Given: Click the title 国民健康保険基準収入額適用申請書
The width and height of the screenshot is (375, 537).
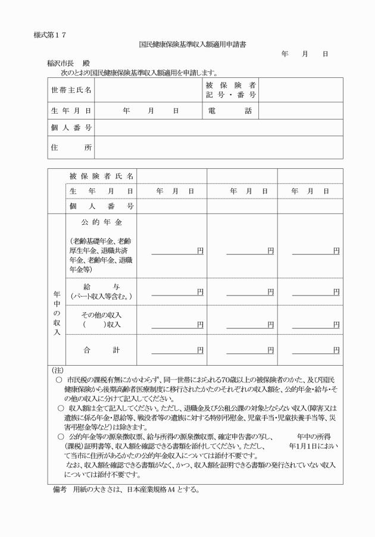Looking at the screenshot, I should [187, 43].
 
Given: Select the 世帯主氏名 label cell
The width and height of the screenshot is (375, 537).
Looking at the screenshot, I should [71, 90].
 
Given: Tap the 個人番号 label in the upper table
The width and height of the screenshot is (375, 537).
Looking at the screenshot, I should [71, 128].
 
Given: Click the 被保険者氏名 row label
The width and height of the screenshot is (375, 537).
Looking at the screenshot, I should [101, 176].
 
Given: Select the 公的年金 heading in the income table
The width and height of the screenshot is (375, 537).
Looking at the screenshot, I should [101, 222].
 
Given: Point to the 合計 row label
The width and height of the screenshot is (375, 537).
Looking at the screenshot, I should [101, 350].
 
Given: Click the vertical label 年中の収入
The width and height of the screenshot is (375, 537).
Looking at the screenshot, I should [57, 314].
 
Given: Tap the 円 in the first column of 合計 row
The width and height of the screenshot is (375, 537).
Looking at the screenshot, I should [200, 350].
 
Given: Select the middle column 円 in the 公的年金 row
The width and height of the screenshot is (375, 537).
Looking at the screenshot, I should [270, 251].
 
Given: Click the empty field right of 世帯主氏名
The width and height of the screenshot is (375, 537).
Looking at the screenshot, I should [148, 90].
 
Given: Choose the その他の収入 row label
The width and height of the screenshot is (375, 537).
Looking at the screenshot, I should [101, 319].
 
